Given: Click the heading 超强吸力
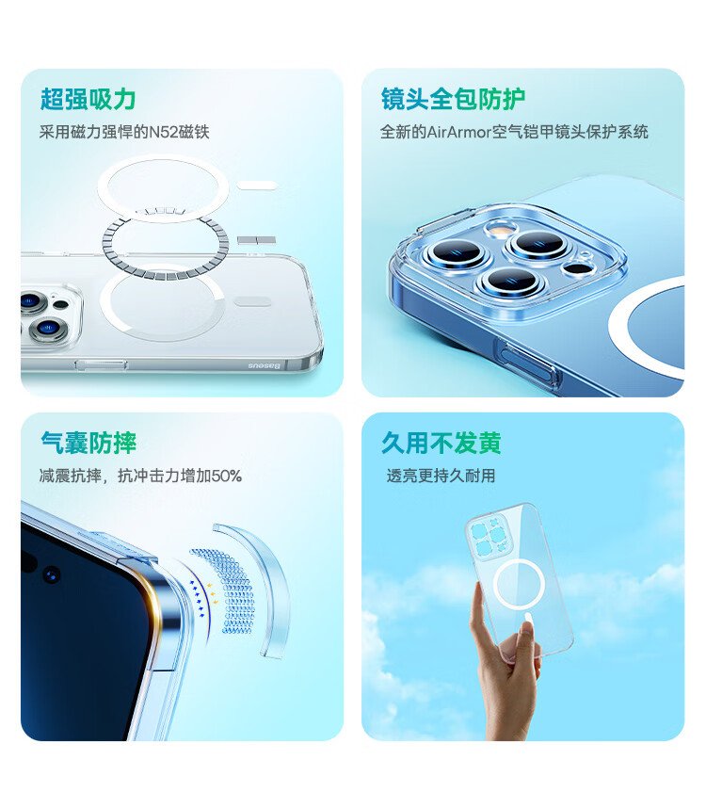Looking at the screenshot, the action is click(88, 99).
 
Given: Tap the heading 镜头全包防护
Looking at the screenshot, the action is click(453, 99).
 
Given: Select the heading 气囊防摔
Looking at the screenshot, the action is click(88, 443).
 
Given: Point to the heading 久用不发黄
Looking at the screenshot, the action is click(441, 443).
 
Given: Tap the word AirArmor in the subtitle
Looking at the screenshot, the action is click(458, 133).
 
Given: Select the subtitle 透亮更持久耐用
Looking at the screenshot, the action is click(441, 476).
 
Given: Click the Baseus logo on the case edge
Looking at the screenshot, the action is click(265, 365).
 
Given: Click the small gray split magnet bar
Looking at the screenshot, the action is click(256, 240).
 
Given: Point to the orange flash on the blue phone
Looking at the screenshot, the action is click(498, 230).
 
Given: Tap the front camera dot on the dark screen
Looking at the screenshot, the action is click(51, 574).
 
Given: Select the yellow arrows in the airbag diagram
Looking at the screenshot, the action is click(213, 592).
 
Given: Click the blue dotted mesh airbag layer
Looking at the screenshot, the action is click(227, 592).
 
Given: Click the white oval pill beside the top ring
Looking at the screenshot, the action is click(257, 186).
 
